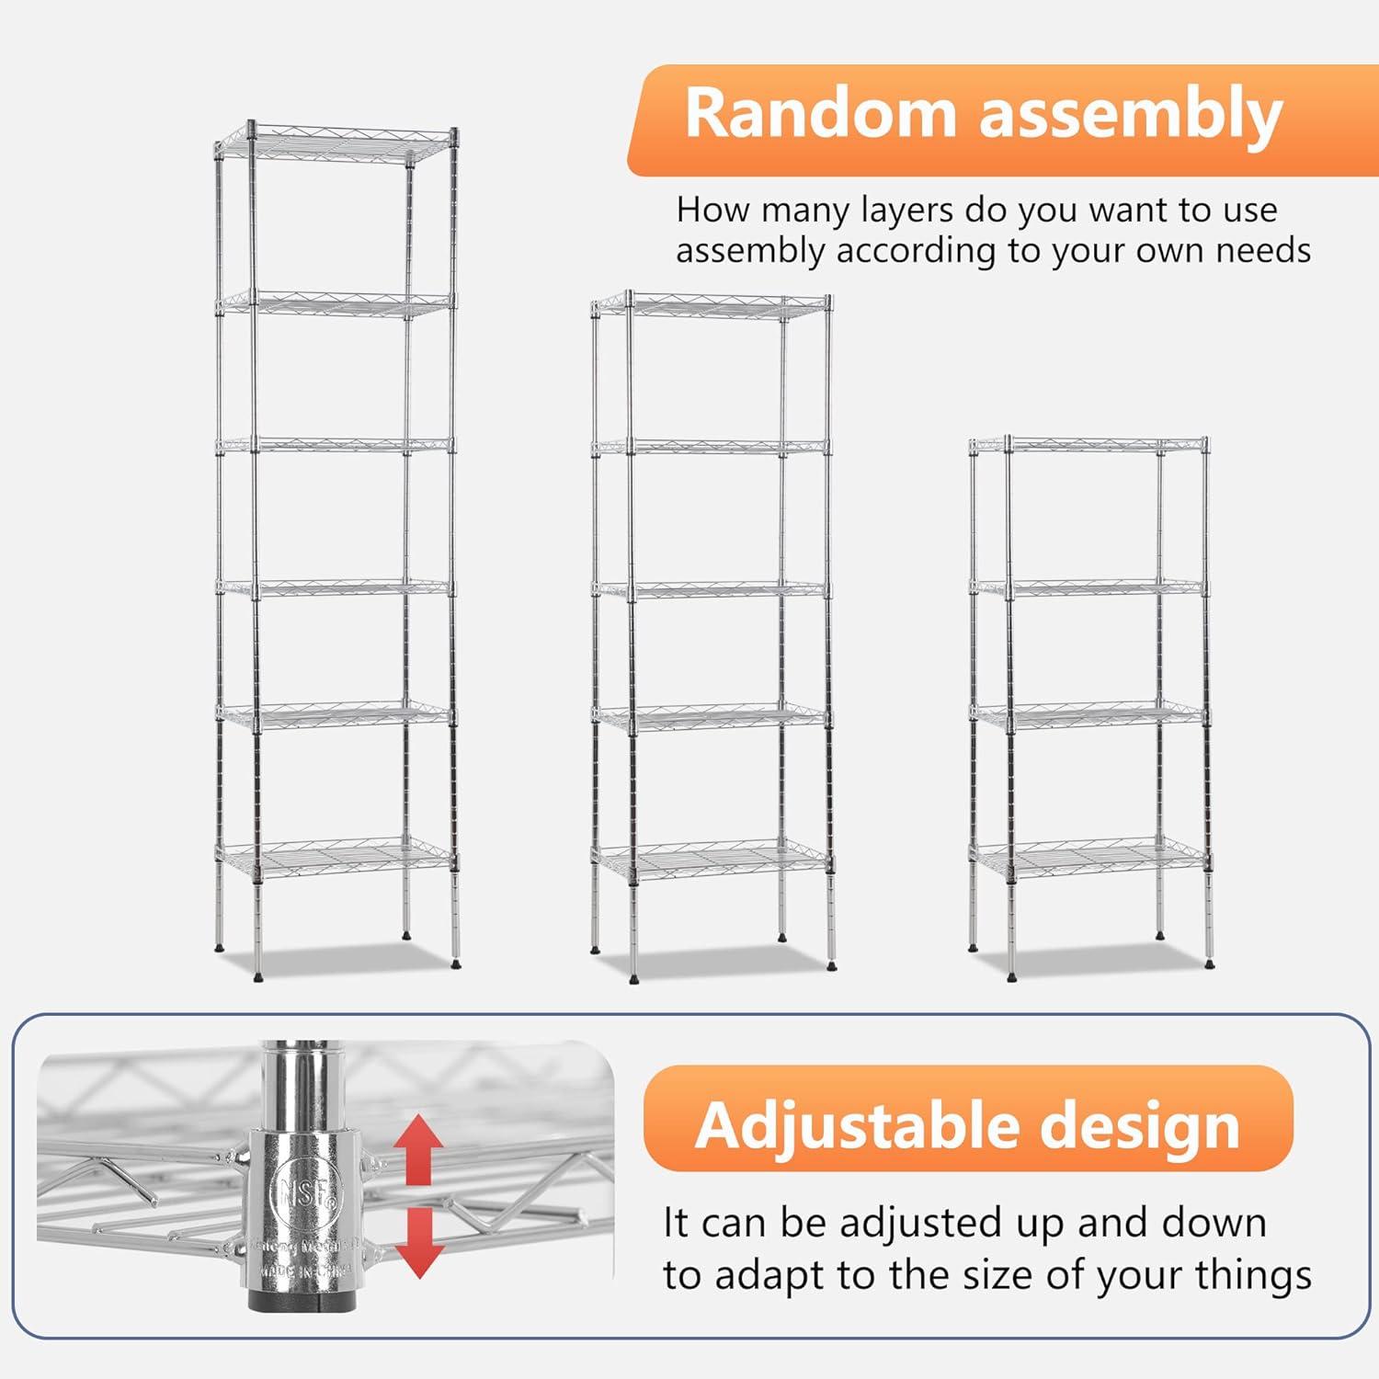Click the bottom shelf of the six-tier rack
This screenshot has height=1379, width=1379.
click(x=336, y=859)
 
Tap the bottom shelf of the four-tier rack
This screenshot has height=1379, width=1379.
click(x=1089, y=859)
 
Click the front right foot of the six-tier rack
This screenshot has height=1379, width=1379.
click(x=456, y=963)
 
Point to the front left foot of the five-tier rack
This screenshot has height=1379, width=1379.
click(x=634, y=977)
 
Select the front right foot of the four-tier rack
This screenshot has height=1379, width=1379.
click(x=1208, y=964)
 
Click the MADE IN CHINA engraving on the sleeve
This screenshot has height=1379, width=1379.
click(x=306, y=1270)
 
